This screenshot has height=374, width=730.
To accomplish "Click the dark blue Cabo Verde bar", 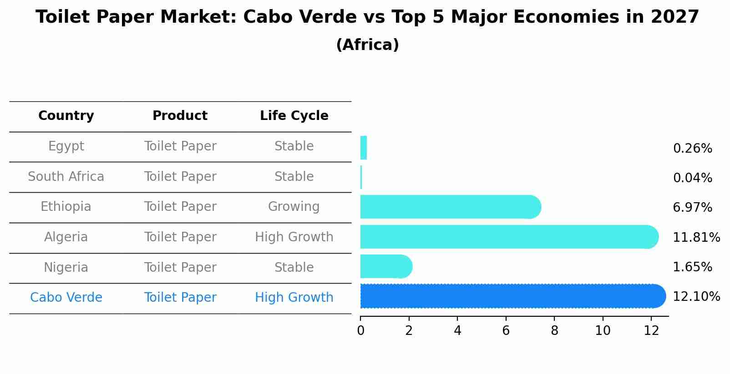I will pos(510,296).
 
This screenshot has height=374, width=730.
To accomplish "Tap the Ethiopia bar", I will pos(448,207).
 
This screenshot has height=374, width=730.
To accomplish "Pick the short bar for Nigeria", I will pos(385,266).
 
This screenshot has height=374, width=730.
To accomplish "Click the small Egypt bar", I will pos(363,148).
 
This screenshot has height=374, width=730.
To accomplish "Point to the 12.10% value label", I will pos(696,297).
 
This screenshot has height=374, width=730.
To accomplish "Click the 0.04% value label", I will pos(692,178).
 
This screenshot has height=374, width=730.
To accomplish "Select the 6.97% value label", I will pos(692,208).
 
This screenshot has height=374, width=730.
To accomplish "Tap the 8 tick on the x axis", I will pos(554,331).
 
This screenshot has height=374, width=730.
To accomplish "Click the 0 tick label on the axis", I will pos(360,331).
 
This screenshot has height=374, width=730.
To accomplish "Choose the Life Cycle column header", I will pos(294,116).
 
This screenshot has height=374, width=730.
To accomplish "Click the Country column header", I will pos(66,116).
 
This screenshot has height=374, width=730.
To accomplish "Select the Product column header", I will pos(180,116).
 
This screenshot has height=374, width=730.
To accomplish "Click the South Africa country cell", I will pos(66,177).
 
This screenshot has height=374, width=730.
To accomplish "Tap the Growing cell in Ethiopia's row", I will pos(294,207).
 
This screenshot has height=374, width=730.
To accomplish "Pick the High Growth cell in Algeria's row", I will pos(294,237).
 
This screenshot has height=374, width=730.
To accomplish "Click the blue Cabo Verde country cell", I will pos(66,298).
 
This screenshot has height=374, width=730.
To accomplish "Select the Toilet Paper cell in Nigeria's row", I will pos(180,268).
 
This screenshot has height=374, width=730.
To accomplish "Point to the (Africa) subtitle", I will pos(367,45).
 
